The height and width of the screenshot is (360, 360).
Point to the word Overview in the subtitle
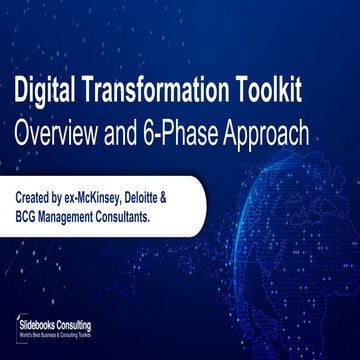coord(61,132)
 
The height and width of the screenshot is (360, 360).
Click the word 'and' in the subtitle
coord(139,132)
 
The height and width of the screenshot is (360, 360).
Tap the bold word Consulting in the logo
coord(99,325)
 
